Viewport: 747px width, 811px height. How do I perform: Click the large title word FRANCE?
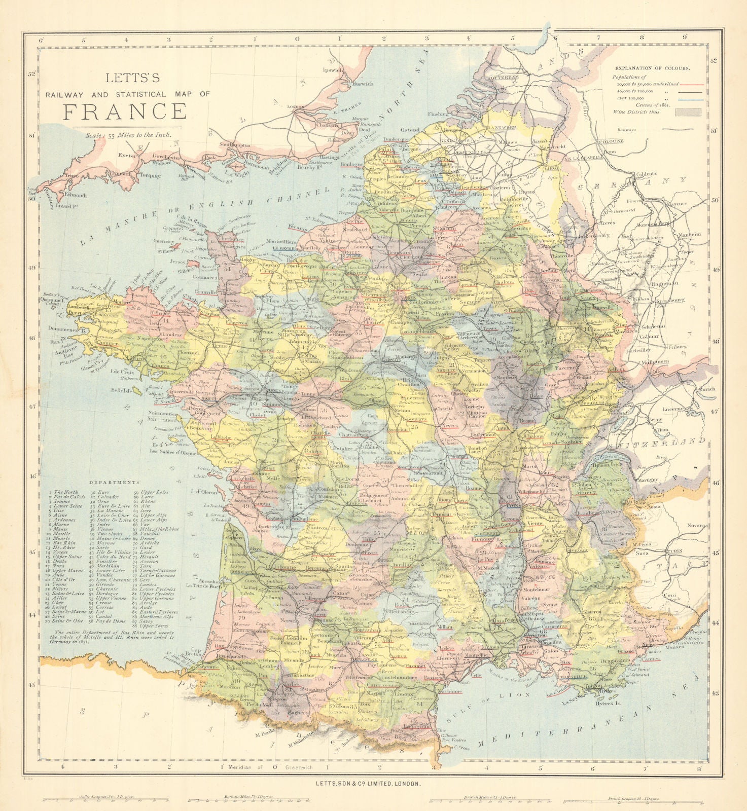pos(125,110)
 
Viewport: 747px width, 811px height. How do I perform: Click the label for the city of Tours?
pos(308,394)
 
